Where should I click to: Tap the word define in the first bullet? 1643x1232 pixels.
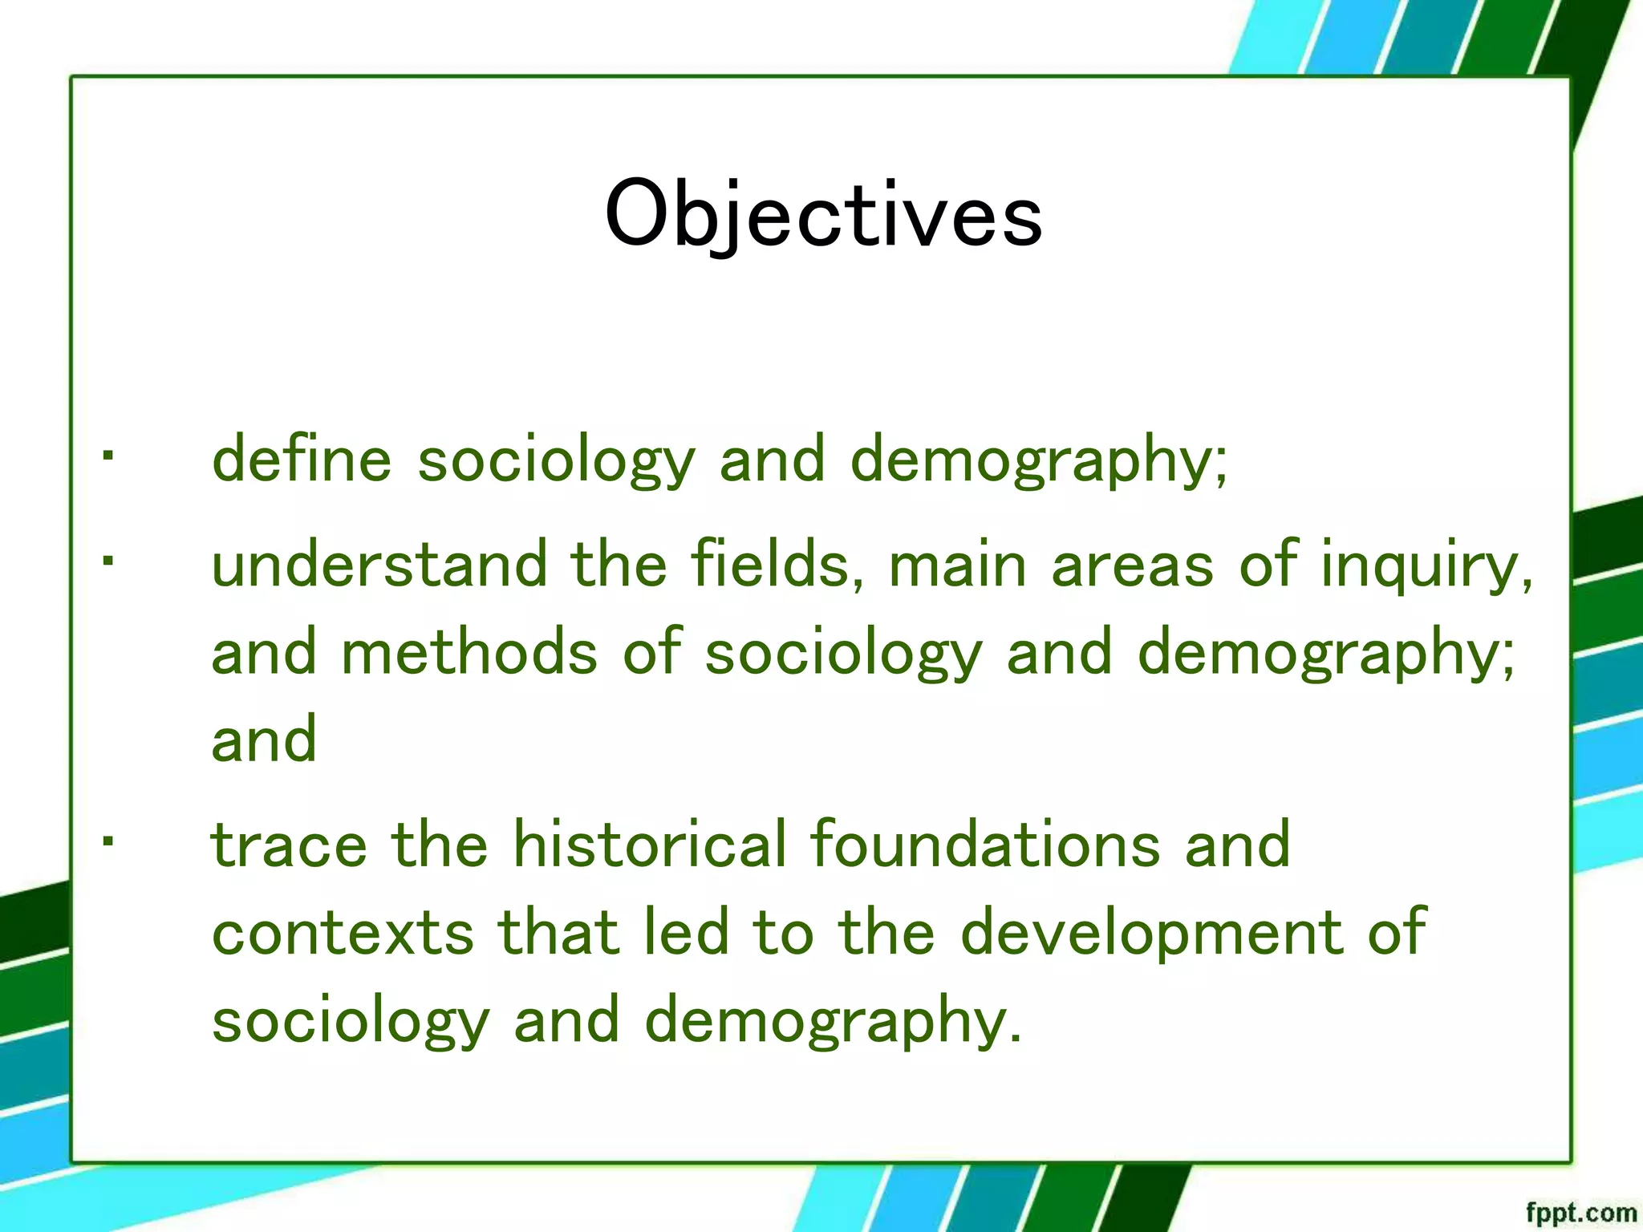(301, 460)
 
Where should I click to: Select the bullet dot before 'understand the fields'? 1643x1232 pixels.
(108, 561)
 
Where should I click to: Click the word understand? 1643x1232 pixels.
(378, 565)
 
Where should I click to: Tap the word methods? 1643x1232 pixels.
(469, 653)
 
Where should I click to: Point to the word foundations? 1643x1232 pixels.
(985, 845)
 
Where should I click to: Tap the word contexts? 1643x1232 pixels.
(343, 934)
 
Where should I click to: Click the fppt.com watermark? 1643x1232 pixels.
(1580, 1213)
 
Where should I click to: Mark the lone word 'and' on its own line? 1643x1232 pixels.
(264, 740)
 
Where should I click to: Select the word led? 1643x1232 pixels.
(687, 932)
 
